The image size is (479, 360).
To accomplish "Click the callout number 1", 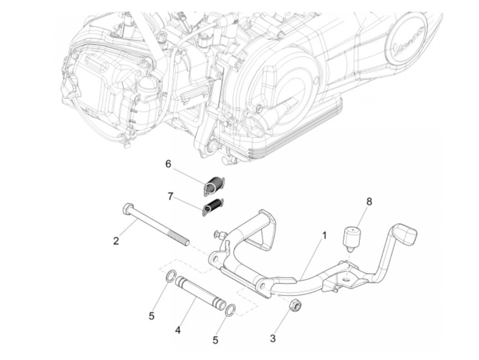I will pyautogui.click(x=324, y=236).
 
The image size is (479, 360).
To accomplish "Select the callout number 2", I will pyautogui.click(x=116, y=241).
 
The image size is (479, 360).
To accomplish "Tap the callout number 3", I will pyautogui.click(x=273, y=338).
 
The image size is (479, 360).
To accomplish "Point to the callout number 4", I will pyautogui.click(x=178, y=330).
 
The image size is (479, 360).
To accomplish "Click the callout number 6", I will pyautogui.click(x=168, y=164).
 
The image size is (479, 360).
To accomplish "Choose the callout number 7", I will pyautogui.click(x=170, y=196).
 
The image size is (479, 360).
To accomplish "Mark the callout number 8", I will pyautogui.click(x=369, y=202).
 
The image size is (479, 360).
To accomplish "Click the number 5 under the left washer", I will pyautogui.click(x=152, y=315).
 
